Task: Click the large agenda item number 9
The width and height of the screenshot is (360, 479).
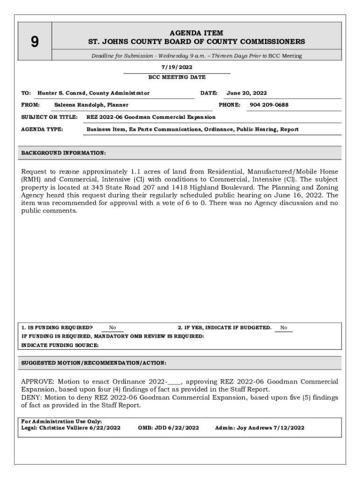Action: click(x=35, y=42)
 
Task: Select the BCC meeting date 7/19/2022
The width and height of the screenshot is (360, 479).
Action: click(x=177, y=67)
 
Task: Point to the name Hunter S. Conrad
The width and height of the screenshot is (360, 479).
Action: click(x=62, y=93)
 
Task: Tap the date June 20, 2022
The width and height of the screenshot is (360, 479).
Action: click(x=246, y=93)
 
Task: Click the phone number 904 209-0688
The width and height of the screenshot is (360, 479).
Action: click(x=269, y=105)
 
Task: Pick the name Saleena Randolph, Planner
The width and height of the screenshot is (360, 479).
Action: click(x=91, y=105)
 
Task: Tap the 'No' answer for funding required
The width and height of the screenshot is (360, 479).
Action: click(x=113, y=328)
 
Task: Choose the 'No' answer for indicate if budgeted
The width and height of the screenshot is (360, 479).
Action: click(x=283, y=328)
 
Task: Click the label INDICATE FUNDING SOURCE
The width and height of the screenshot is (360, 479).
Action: click(x=60, y=345)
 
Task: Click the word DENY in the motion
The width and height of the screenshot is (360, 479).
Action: click(x=30, y=398)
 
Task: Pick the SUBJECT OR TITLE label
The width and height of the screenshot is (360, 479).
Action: click(x=49, y=117)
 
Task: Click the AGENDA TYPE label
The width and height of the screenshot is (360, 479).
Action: click(x=42, y=129)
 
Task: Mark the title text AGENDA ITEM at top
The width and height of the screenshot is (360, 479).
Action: click(x=196, y=33)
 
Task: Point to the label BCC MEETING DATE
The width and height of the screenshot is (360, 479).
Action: click(x=177, y=77)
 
